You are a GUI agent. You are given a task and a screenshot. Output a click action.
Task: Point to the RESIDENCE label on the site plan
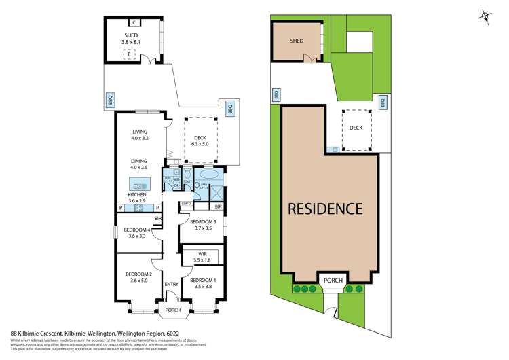coord(326,208)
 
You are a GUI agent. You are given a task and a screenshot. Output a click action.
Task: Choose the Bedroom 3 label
coord(203,222)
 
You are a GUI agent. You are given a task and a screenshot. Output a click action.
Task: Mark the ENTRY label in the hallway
coord(171,285)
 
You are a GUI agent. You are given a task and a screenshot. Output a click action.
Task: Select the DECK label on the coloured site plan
coord(356,128)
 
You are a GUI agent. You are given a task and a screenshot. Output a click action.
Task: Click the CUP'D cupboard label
coord(185,204)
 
